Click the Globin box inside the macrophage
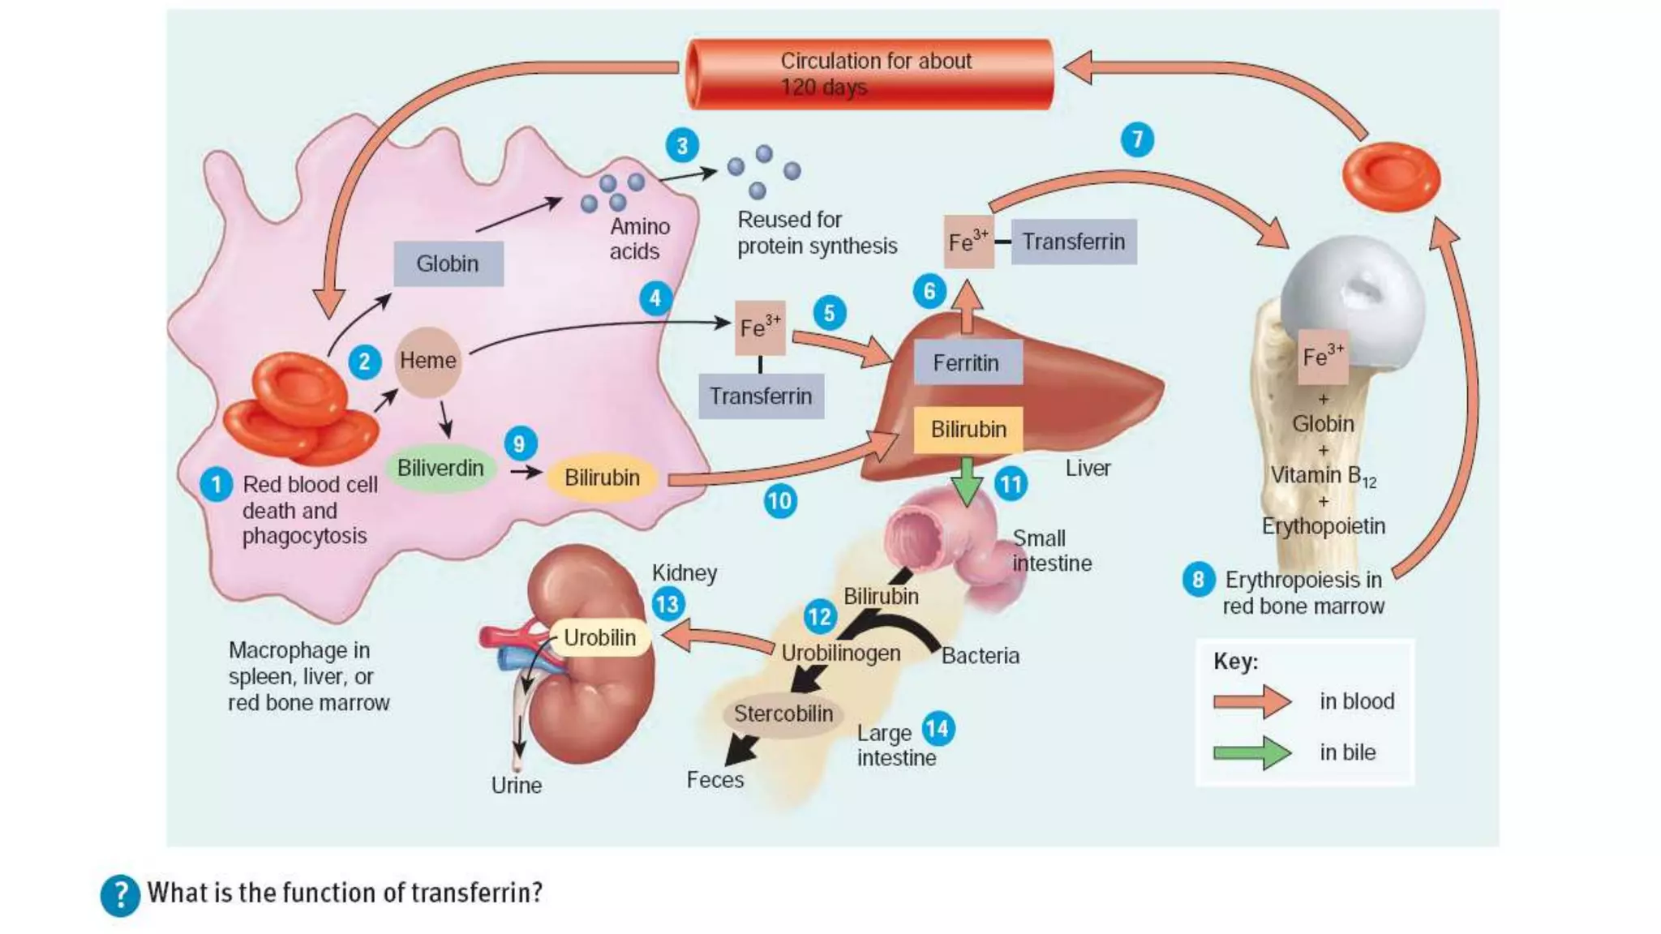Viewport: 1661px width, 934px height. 448,263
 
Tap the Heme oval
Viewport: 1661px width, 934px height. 427,361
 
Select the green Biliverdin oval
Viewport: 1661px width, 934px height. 440,469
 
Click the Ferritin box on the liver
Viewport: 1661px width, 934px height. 966,362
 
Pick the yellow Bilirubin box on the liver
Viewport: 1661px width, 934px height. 968,430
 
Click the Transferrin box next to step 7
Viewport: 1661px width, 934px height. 1073,242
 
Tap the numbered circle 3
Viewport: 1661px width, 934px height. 682,146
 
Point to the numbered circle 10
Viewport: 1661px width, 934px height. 779,500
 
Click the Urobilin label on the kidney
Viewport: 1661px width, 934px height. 599,638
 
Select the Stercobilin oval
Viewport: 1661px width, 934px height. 783,714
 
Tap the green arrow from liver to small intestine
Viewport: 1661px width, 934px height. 966,481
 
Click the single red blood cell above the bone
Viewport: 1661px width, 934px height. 1391,177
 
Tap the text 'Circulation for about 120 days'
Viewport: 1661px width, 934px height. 874,74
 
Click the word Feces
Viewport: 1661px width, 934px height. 715,780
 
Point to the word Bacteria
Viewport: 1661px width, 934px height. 980,656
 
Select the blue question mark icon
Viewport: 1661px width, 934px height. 120,895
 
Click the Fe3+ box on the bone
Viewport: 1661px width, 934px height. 1323,357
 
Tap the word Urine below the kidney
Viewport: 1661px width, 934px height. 516,785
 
